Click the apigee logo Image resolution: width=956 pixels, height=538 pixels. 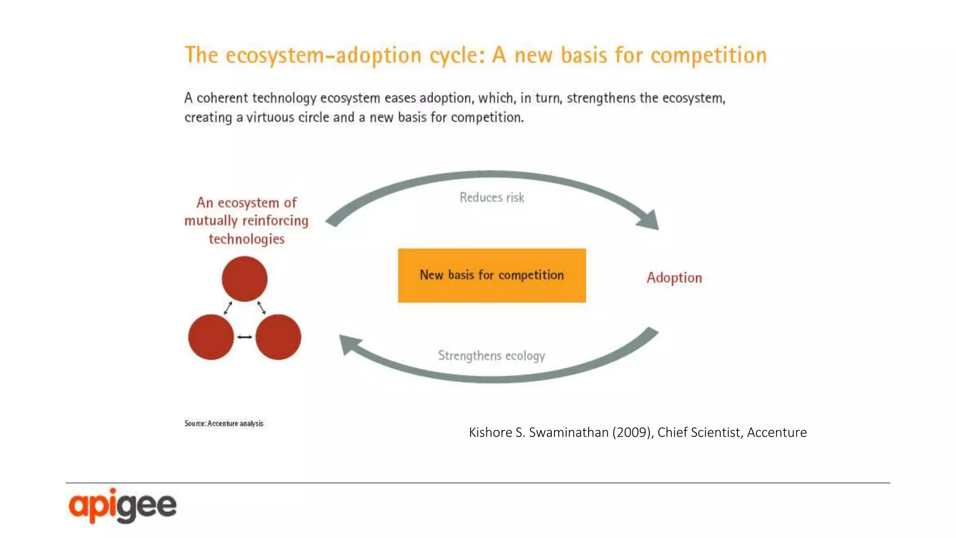click(x=122, y=506)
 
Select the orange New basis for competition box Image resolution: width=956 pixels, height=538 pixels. click(x=492, y=275)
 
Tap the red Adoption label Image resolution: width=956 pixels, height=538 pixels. click(x=674, y=278)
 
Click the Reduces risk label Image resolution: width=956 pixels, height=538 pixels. click(x=492, y=198)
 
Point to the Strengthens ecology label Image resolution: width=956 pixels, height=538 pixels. click(x=491, y=356)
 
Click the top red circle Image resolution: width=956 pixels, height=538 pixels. click(x=244, y=279)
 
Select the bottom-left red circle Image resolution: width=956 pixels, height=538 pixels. click(x=211, y=337)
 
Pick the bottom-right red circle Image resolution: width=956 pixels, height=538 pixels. click(x=278, y=337)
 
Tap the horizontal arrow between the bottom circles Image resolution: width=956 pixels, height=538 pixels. click(x=245, y=337)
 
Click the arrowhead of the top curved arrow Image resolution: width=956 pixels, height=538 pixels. click(x=650, y=220)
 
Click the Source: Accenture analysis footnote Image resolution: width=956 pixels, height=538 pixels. click(x=224, y=424)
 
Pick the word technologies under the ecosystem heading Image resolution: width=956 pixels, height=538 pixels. click(x=246, y=239)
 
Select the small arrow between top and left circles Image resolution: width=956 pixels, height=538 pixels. click(x=228, y=308)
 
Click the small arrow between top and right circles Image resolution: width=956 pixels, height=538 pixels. click(x=261, y=307)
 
